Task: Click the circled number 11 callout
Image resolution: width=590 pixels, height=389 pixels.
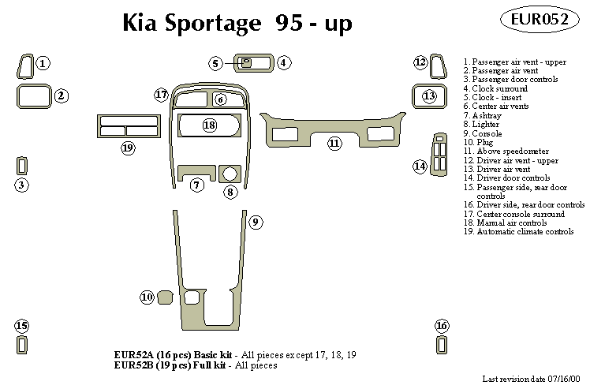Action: pos(334,143)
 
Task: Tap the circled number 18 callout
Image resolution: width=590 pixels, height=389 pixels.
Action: pos(209,125)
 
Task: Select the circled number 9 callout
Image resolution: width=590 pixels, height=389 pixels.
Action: pos(256,223)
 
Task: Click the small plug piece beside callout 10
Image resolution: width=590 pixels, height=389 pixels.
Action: pos(166,297)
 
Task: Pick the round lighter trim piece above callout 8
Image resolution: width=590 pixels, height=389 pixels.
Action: pos(230,173)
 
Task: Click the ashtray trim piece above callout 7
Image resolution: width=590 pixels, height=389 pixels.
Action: pos(196,170)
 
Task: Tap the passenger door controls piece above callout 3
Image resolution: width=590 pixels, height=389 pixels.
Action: pos(22,166)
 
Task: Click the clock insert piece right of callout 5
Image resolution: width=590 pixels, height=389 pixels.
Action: pos(247,63)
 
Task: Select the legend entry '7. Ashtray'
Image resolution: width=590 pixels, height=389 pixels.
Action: pos(481,115)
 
